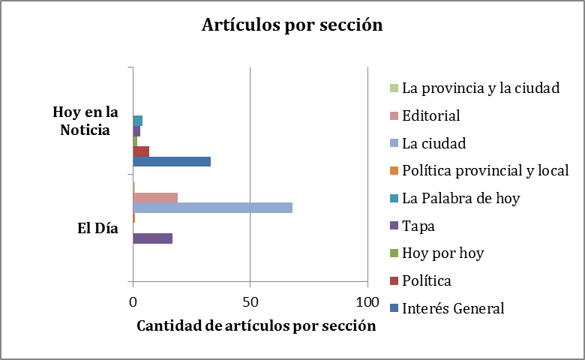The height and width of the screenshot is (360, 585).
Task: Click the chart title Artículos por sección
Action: (x=292, y=25)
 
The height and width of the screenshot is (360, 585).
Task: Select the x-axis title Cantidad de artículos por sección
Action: (x=256, y=326)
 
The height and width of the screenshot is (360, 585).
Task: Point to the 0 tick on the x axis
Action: (x=133, y=301)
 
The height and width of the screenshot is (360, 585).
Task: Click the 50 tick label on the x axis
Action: (x=250, y=301)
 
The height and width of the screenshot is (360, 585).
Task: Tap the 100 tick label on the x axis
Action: (x=367, y=301)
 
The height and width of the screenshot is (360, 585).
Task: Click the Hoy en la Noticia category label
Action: (x=85, y=121)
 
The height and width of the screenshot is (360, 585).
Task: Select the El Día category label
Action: (x=98, y=229)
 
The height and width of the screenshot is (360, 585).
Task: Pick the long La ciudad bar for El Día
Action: (x=212, y=208)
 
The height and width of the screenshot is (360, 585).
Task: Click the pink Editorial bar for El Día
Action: (x=155, y=197)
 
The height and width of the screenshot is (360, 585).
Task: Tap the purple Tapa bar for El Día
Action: (x=152, y=238)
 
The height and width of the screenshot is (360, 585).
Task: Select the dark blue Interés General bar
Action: (x=172, y=161)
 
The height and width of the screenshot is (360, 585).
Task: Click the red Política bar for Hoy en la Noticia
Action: (x=141, y=151)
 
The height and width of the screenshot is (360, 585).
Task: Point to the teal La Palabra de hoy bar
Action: (x=138, y=121)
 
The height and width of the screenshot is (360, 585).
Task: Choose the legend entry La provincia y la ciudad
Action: (x=481, y=88)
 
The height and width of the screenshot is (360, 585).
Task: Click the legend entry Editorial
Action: (x=430, y=115)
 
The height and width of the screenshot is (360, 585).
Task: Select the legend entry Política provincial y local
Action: (x=484, y=170)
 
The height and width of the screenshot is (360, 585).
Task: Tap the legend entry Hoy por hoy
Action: (x=442, y=253)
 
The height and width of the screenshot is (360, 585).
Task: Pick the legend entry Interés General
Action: (x=453, y=308)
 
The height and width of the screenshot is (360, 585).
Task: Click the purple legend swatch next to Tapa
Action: (x=394, y=226)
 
